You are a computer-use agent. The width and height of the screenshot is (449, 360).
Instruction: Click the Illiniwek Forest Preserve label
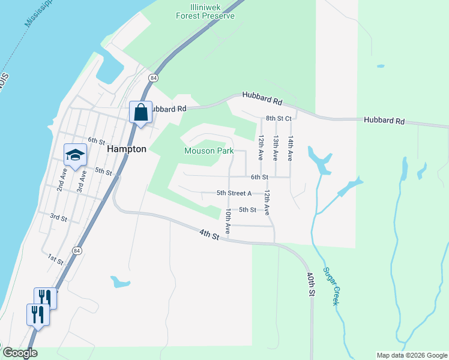(204, 11)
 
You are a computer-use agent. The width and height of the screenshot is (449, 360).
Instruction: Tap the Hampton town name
(127, 149)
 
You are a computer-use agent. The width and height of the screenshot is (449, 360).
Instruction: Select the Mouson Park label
(209, 151)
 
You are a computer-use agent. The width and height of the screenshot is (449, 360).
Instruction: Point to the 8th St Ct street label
(279, 119)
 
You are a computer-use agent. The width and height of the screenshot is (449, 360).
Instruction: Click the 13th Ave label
(276, 148)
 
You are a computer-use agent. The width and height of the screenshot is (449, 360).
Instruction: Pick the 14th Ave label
(290, 148)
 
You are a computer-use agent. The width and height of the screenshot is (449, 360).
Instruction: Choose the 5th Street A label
(234, 193)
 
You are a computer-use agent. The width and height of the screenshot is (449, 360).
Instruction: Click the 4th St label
(209, 234)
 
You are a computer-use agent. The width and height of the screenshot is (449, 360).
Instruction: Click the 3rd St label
(58, 217)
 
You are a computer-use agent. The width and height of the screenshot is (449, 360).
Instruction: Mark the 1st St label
(56, 259)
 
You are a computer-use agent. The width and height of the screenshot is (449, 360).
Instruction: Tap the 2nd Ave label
(62, 179)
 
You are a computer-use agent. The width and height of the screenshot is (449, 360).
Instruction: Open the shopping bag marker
(140, 112)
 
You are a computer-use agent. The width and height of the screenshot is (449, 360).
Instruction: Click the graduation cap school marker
(76, 155)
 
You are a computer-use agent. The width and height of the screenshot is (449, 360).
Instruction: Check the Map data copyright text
(411, 355)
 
